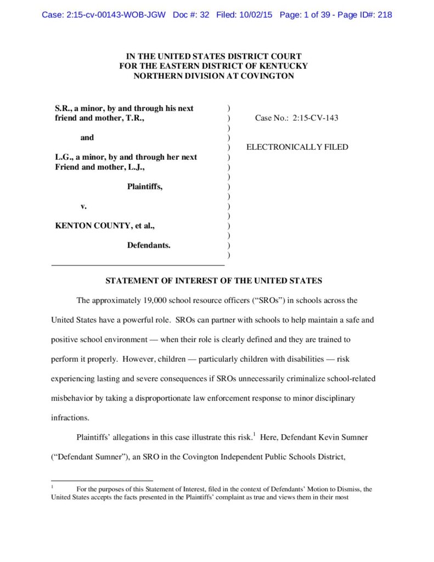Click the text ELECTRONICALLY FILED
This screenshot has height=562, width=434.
(297, 147)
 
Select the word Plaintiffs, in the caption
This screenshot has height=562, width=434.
(145, 187)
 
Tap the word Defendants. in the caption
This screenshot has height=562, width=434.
(149, 245)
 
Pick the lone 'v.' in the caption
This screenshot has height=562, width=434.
(84, 206)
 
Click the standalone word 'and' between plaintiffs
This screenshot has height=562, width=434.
(87, 138)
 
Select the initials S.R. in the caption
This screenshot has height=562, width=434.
(63, 108)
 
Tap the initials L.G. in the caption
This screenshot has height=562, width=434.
(64, 157)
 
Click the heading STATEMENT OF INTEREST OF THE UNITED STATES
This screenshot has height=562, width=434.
(213, 281)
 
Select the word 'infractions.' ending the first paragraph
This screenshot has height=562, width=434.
(70, 417)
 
